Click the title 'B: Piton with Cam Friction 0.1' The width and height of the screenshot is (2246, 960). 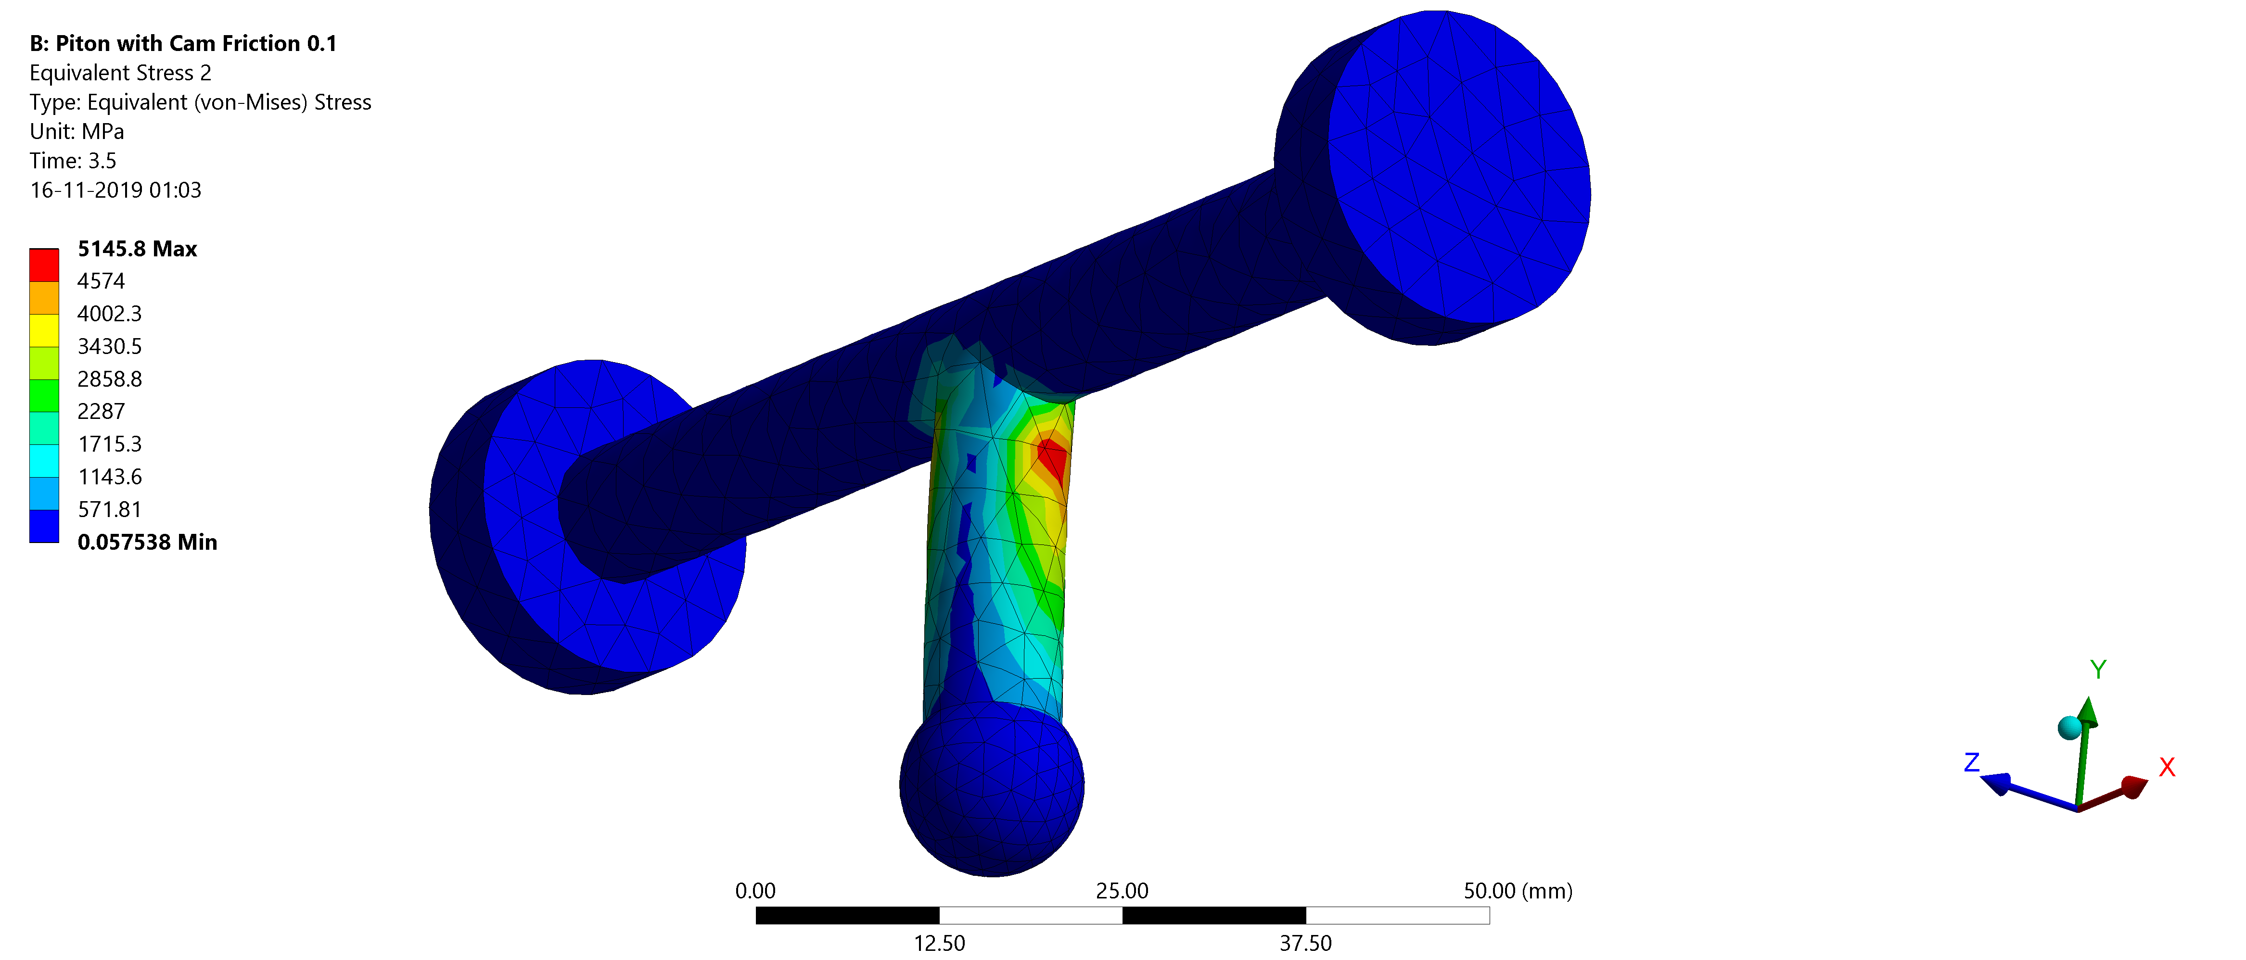point(183,44)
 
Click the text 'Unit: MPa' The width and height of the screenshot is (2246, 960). point(77,132)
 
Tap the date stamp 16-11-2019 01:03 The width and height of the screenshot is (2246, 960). point(115,190)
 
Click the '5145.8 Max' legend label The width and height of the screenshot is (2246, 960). point(137,249)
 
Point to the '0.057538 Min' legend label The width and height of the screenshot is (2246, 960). point(146,543)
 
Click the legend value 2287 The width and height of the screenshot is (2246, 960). point(101,412)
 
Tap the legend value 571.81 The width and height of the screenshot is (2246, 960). point(109,509)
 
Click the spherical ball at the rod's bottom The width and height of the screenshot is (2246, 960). point(991,789)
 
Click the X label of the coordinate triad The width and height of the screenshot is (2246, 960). point(2167,767)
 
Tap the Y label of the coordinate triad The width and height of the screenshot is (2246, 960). point(2098,669)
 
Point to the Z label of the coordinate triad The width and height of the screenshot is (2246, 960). point(1971,763)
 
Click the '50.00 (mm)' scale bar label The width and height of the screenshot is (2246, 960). point(1517,891)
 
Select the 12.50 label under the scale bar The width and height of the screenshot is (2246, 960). point(939,944)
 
